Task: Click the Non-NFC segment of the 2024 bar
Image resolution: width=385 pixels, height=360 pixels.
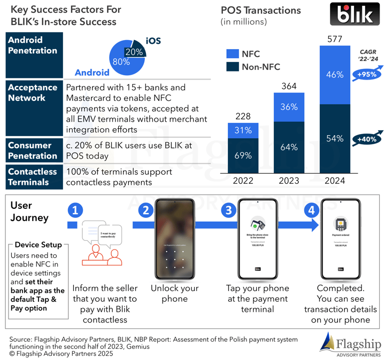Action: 335,139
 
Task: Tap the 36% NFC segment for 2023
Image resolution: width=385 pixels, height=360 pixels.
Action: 289,107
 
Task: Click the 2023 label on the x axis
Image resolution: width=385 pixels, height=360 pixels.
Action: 289,181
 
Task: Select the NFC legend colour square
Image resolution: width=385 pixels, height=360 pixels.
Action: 233,53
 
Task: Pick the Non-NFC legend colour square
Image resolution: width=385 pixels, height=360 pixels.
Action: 233,67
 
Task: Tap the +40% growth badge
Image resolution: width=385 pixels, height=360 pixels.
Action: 365,140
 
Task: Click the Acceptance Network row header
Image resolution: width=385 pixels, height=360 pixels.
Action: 33,92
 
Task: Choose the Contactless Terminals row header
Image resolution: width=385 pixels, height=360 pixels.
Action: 33,177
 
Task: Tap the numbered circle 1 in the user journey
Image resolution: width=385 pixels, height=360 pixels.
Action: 76,210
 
